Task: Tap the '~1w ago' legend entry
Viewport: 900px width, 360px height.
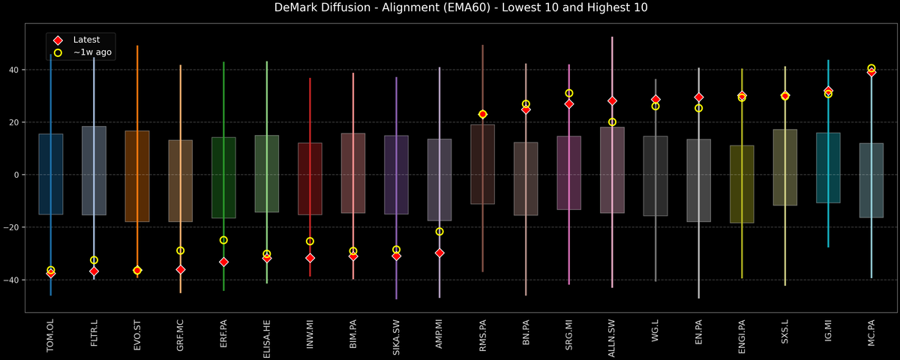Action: click(92, 52)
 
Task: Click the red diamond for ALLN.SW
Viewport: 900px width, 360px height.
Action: click(612, 100)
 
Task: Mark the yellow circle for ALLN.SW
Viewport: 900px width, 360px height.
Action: click(612, 122)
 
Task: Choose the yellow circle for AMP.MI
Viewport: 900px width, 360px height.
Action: click(439, 232)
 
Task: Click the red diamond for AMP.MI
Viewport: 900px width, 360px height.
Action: click(439, 253)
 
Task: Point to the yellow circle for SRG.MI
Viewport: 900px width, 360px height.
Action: click(569, 93)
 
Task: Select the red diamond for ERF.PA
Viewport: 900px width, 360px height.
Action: click(223, 262)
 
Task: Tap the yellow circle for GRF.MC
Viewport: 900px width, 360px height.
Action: click(180, 250)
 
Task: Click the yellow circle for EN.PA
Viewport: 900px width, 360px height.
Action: click(698, 108)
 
